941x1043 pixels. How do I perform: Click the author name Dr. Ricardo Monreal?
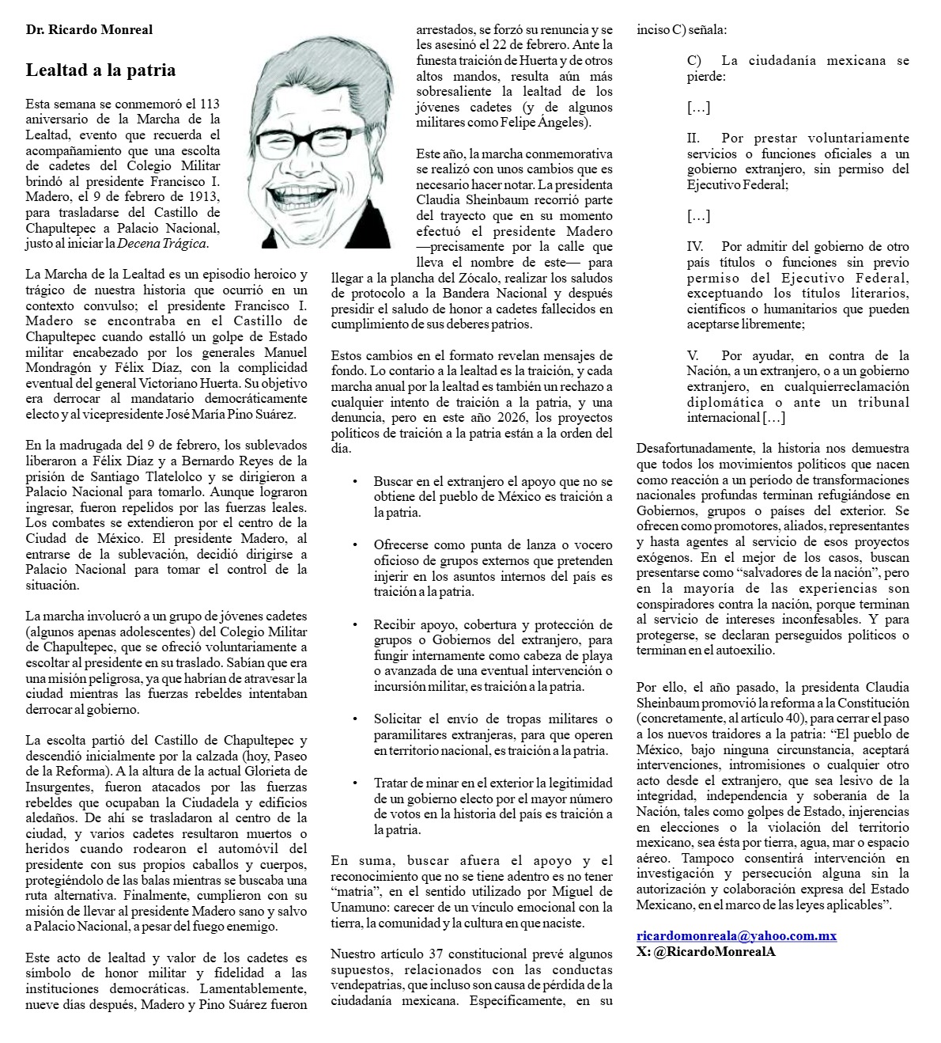point(89,30)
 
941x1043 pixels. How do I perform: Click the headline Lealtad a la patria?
point(100,70)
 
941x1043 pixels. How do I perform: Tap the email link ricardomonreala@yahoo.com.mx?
point(736,936)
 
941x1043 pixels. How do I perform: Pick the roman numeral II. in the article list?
point(693,138)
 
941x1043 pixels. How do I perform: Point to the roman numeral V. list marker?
point(693,356)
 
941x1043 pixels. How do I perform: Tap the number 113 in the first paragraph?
point(210,104)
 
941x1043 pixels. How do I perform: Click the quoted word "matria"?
point(353,892)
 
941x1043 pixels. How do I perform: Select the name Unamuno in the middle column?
point(358,907)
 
